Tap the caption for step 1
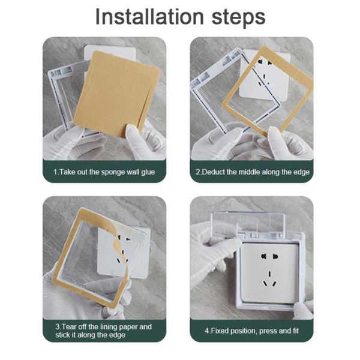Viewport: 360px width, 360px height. [104, 172]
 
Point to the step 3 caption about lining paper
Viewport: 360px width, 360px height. [104, 331]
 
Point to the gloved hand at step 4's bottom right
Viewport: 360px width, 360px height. [303, 309]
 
